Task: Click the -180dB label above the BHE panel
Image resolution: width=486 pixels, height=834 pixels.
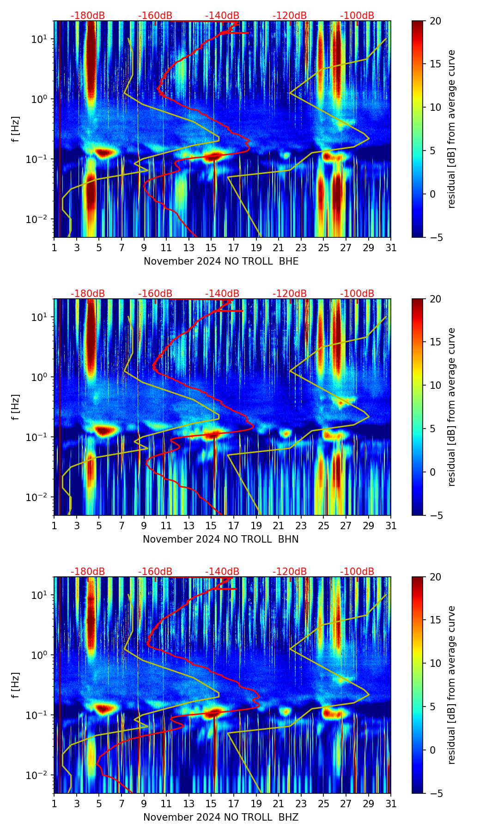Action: (88, 16)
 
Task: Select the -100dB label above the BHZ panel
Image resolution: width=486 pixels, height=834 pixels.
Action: (357, 572)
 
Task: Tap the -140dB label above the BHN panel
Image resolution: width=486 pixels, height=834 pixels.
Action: (222, 294)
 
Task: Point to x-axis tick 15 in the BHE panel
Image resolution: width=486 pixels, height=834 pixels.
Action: (211, 248)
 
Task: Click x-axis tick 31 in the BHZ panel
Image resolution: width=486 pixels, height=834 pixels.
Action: (391, 804)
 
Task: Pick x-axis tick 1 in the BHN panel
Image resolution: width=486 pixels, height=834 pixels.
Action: (54, 526)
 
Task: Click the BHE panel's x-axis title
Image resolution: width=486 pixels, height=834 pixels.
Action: (221, 261)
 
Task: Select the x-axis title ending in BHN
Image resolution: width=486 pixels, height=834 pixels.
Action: (221, 539)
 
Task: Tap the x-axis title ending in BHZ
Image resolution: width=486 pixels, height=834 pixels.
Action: (221, 817)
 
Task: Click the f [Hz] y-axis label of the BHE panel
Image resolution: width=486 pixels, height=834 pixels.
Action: (16, 129)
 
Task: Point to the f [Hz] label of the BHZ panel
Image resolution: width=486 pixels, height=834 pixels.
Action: (16, 685)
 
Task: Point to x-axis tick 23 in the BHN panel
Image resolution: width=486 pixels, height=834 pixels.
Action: (301, 526)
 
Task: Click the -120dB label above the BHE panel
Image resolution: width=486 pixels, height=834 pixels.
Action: (290, 16)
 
